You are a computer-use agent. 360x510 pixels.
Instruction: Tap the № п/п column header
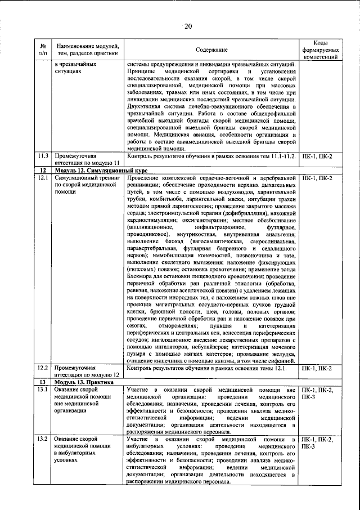point(43,50)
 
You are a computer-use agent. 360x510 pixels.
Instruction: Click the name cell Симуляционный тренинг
point(84,178)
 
